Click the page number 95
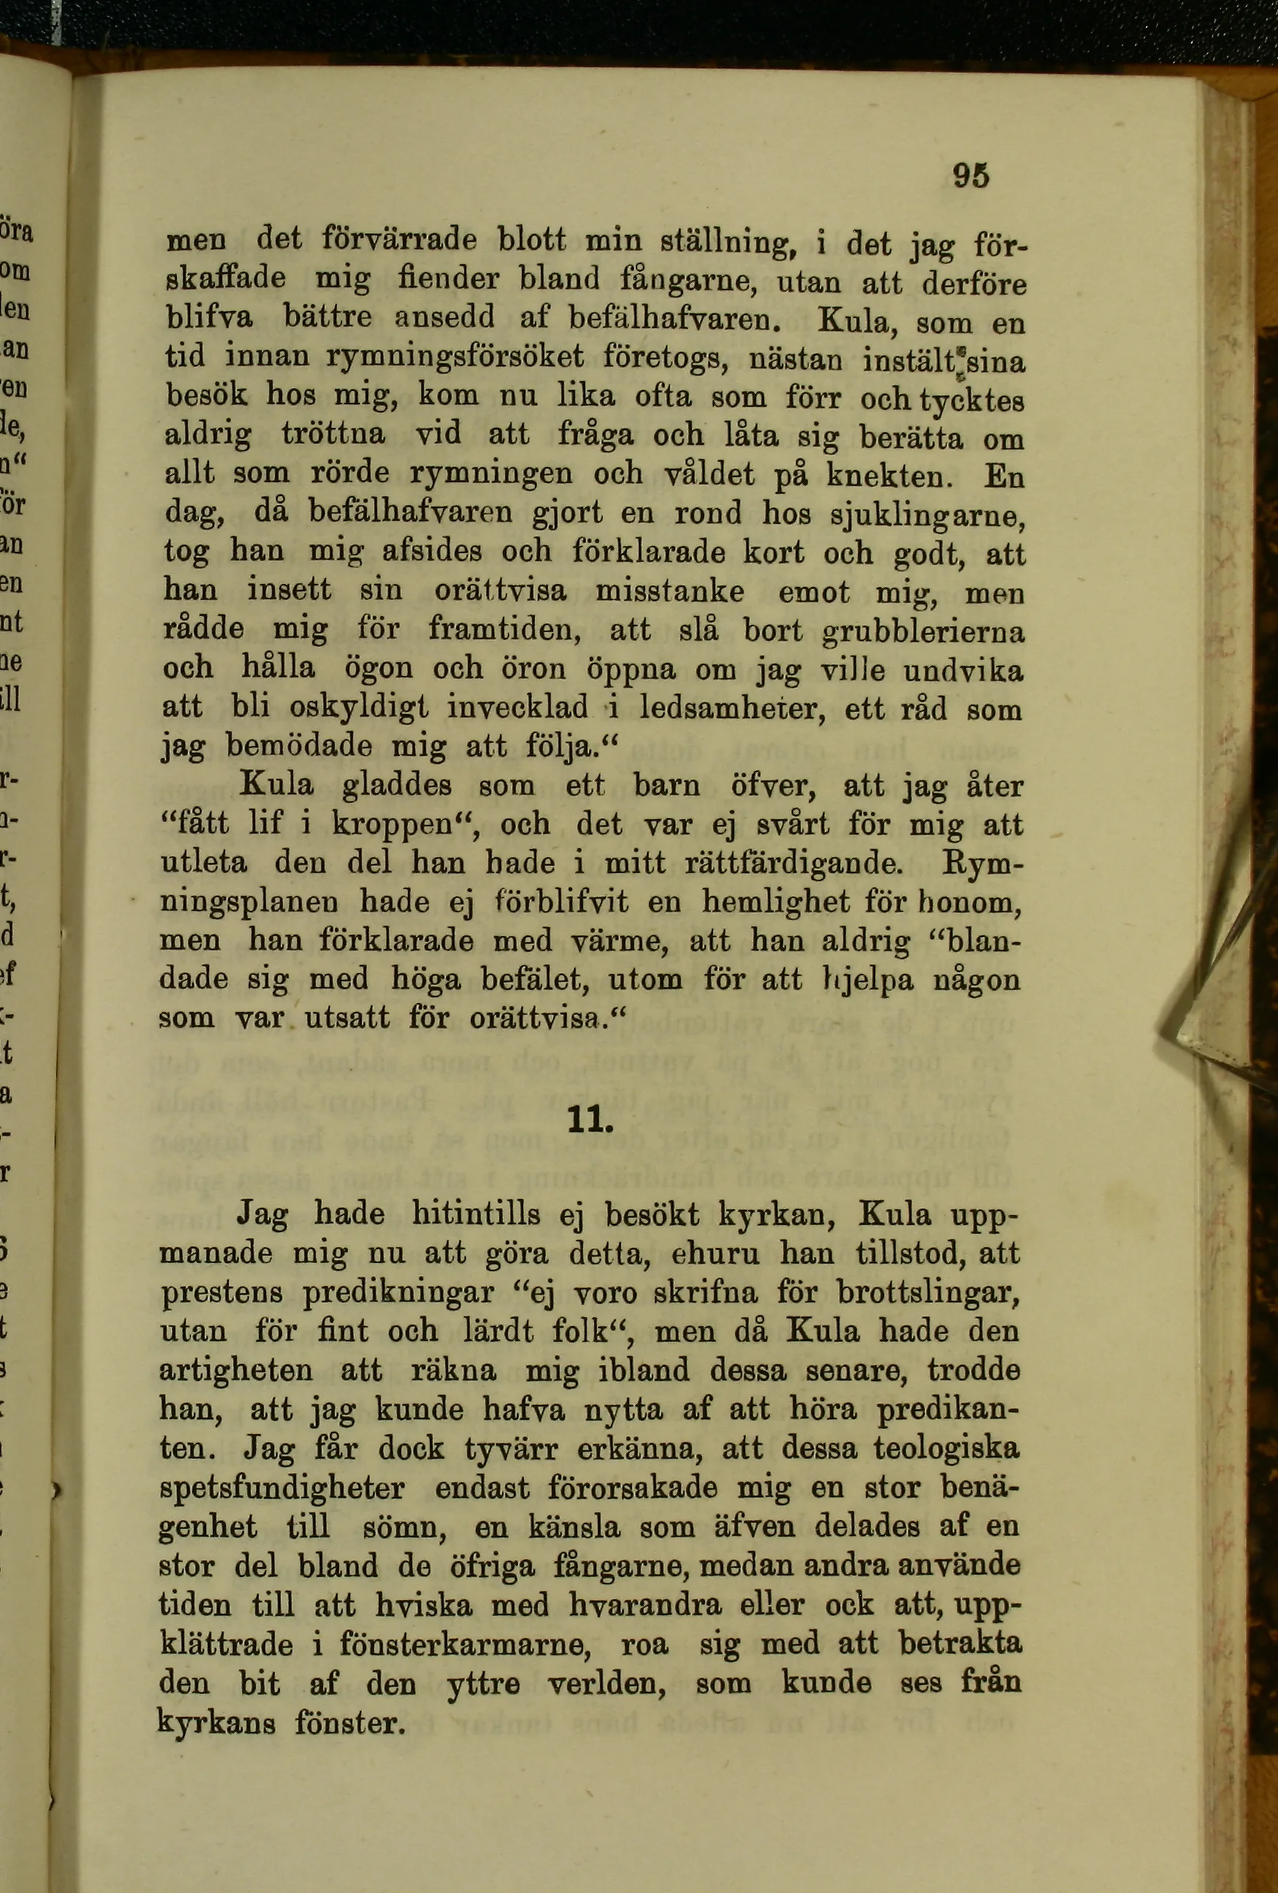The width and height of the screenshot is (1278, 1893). (971, 175)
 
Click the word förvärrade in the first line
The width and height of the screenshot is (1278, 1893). (399, 240)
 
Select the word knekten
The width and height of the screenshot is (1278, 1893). (889, 475)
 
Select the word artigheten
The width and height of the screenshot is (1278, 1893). (235, 1370)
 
